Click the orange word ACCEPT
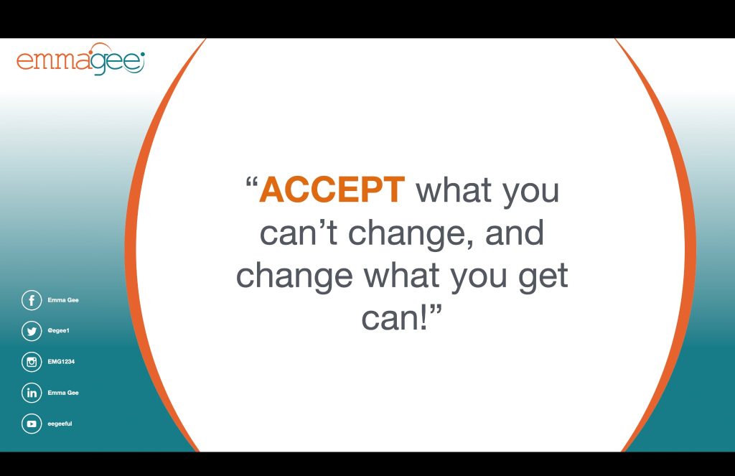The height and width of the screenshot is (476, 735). tap(332, 190)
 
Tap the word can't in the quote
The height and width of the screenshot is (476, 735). tap(298, 233)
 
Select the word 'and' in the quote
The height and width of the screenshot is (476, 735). tap(514, 233)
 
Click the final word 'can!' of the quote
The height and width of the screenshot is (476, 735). tap(395, 317)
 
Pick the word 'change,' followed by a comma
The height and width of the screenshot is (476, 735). tap(411, 235)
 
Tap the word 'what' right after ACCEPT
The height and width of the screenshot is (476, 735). tap(454, 190)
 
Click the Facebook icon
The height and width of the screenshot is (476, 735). tap(32, 300)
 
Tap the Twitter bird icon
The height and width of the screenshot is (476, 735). tap(32, 331)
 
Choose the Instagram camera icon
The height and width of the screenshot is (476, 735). tap(32, 362)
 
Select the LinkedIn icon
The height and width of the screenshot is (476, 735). tap(32, 393)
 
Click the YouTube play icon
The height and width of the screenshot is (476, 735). tap(32, 424)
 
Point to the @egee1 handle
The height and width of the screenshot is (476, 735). tap(59, 331)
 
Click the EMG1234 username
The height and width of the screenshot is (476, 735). tap(61, 362)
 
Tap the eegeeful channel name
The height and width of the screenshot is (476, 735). tap(60, 424)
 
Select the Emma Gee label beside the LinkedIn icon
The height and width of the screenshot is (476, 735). tap(63, 393)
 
